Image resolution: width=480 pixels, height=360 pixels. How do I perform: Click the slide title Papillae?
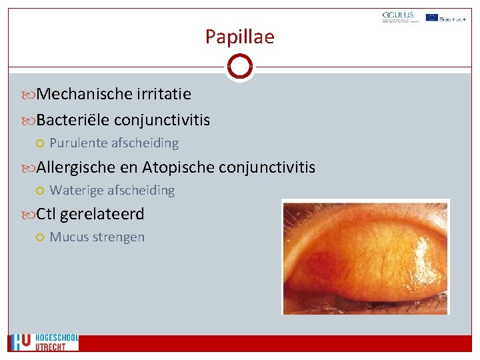click(x=239, y=37)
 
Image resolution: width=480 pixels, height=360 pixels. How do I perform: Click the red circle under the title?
click(x=239, y=67)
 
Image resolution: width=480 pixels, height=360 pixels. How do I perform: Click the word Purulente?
click(x=79, y=143)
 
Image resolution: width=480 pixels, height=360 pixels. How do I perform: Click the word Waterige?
click(x=77, y=190)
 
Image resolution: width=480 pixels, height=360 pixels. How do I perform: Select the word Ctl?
click(x=46, y=214)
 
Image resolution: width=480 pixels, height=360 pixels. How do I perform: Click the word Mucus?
click(x=67, y=237)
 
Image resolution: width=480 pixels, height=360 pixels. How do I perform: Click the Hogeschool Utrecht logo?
click(x=44, y=342)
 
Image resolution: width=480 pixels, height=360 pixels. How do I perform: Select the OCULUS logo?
click(x=398, y=17)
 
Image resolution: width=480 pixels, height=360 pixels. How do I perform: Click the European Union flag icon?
click(x=432, y=17)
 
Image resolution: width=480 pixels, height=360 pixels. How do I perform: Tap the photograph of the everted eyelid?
click(x=365, y=256)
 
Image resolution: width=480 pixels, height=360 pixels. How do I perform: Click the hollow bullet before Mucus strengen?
click(x=40, y=237)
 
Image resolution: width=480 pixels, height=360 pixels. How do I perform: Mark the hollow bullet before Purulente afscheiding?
click(x=40, y=143)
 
